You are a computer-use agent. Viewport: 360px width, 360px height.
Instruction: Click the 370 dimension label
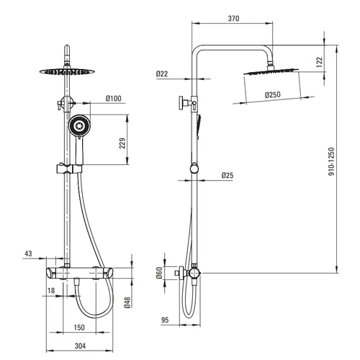(233, 19)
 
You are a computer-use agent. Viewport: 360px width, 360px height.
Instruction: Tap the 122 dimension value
(320, 62)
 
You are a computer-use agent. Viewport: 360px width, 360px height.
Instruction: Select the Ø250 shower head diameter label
(273, 94)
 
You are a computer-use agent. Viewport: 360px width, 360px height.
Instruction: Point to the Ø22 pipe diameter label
(162, 73)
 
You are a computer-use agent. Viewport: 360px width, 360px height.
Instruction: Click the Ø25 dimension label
(228, 176)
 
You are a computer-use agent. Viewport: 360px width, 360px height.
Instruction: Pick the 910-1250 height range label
(331, 161)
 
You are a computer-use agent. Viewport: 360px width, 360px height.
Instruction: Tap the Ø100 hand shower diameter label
(114, 99)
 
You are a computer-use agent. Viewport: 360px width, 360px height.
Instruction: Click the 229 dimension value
(122, 143)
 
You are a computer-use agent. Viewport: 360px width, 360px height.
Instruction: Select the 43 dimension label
(28, 253)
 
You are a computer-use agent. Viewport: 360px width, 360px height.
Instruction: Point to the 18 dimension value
(51, 291)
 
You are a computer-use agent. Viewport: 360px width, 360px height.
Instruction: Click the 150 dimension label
(79, 328)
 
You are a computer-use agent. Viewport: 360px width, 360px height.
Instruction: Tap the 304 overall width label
(80, 346)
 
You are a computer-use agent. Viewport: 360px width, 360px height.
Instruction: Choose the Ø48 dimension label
(127, 302)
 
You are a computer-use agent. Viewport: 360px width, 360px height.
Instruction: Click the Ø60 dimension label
(159, 273)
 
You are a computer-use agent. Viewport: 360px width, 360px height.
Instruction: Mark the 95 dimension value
(165, 320)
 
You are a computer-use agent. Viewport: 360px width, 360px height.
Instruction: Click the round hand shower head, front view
(79, 125)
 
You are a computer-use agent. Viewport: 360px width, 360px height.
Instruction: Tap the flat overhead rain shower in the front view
(67, 71)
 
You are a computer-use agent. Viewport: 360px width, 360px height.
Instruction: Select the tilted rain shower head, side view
(271, 71)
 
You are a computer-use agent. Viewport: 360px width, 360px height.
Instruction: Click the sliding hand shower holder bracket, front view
(69, 168)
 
